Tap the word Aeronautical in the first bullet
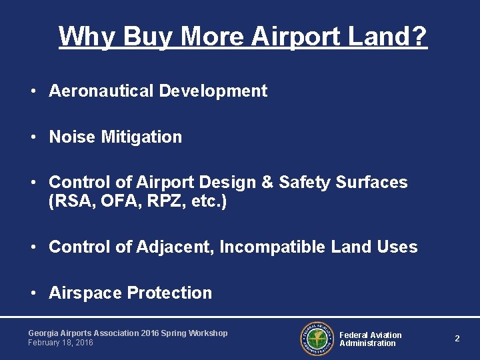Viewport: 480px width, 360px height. pos(101,91)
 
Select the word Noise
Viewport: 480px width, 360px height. pos(73,137)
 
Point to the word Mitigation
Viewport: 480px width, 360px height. pos(141,137)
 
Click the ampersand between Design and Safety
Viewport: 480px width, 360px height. pos(263,183)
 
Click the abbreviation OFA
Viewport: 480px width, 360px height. pos(119,201)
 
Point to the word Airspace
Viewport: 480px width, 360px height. pos(85,293)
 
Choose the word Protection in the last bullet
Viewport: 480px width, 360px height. pos(169,293)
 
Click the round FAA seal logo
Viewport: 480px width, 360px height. pos(316,339)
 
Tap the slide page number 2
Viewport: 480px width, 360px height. pos(457,339)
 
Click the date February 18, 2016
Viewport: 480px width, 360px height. pos(61,343)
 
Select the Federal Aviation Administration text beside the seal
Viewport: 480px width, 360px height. pos(370,339)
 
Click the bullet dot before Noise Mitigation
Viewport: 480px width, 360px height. pos(33,137)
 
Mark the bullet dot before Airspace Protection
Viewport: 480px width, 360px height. pos(33,293)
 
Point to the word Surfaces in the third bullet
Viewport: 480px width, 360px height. pos(375,183)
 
